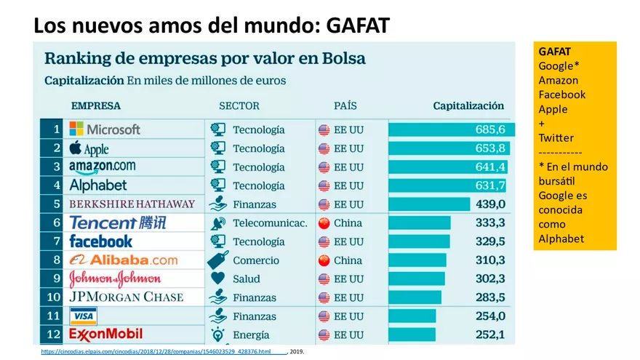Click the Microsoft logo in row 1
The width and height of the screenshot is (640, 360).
coord(105,129)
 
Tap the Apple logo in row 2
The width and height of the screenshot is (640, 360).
coord(89,148)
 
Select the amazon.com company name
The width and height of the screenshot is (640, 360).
coord(102,167)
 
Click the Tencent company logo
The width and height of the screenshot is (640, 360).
coord(117,223)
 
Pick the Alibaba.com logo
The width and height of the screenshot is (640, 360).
coord(124,260)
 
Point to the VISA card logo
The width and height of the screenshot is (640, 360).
coord(83,316)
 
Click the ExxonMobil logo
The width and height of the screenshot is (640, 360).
coord(105,335)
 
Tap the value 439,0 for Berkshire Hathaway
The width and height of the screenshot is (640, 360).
coord(490,204)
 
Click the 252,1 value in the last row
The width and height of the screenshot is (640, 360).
coord(490,335)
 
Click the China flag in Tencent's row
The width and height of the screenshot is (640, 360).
coord(324,223)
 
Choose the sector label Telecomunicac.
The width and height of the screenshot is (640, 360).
coord(270,223)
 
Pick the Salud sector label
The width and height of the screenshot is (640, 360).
coord(247,279)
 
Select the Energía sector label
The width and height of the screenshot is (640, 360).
coord(251,335)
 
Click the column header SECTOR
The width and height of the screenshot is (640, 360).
coord(239,106)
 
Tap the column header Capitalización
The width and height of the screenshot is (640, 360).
coord(468,106)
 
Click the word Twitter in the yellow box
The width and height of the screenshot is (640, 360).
coord(556,137)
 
